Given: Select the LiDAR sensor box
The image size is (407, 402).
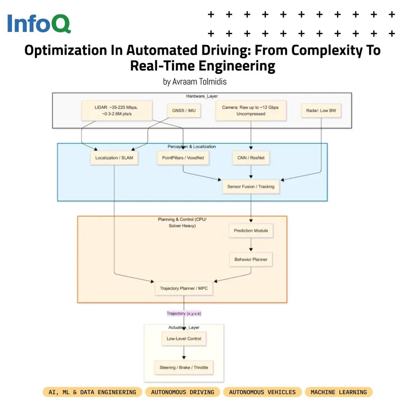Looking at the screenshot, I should (116, 110).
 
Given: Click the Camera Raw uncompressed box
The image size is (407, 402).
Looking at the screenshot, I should (250, 110).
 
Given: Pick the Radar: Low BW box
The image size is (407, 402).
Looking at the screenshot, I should (321, 110).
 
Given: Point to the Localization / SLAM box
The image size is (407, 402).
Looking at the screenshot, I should (114, 158).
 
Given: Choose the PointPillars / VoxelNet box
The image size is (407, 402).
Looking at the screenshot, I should (183, 158).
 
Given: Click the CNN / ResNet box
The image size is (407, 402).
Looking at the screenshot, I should (250, 158).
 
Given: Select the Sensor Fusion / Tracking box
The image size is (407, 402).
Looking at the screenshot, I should (251, 186).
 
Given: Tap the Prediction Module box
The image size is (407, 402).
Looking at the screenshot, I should (251, 231).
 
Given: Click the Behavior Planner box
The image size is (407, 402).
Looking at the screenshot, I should (251, 260).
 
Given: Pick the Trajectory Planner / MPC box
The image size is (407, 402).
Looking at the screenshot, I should (184, 288).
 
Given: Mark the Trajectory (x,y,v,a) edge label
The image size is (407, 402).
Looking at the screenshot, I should (184, 314).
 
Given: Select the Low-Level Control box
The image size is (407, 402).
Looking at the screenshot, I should (184, 339).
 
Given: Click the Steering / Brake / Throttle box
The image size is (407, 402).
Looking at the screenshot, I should (184, 367).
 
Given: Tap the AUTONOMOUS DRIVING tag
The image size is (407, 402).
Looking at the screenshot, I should (182, 392).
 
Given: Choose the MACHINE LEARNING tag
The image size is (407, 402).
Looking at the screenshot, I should (339, 392).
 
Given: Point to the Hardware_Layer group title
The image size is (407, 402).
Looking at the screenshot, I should (202, 96).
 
